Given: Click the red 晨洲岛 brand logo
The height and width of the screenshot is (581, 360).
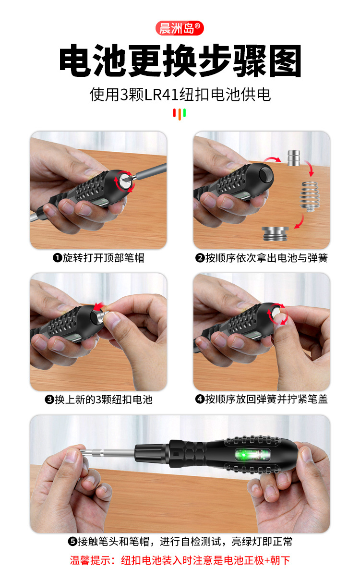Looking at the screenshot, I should tap(180, 28).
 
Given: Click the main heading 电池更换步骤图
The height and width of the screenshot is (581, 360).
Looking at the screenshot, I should tap(180, 61).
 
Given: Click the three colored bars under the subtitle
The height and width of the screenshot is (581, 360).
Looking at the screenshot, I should tap(180, 114).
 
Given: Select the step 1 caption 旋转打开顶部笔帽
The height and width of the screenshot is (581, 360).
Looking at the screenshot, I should tap(98, 258).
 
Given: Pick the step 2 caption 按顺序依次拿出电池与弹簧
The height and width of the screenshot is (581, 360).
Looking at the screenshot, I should tap(262, 258).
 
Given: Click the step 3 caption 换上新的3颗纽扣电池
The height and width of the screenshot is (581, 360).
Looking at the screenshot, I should tap(98, 399).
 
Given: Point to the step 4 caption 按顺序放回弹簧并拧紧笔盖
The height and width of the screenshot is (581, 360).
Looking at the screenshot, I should tap(262, 399).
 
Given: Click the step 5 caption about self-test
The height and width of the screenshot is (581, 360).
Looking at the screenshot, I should tap(180, 542).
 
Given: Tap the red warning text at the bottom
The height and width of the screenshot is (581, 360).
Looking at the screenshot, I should tap(180, 560).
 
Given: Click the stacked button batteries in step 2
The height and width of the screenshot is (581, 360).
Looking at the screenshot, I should tap(295, 158).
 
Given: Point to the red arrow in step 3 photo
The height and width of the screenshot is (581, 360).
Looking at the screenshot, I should tap(100, 307).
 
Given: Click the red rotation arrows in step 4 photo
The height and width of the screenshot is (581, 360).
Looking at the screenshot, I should tap(276, 315).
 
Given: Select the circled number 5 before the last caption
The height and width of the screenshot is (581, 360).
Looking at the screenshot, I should tap(72, 542).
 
